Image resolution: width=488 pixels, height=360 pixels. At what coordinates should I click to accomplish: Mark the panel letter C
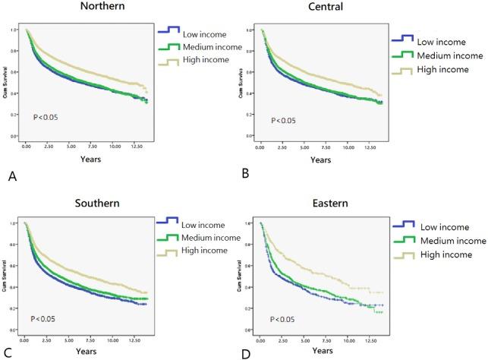point(8,352)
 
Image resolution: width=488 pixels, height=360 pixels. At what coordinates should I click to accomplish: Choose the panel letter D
point(246,352)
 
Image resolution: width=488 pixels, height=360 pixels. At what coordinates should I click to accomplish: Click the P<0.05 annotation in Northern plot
point(46,117)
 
